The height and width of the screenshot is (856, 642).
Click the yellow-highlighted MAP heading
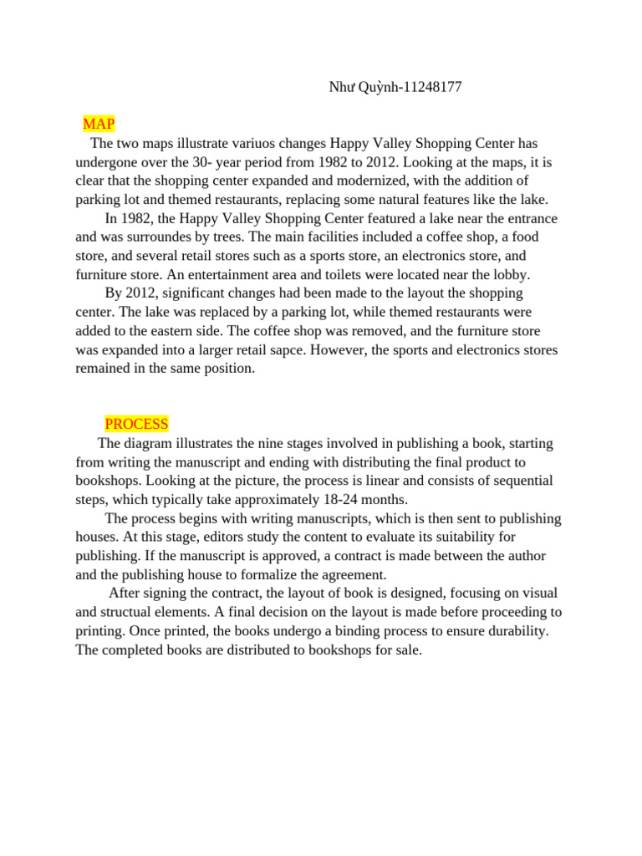pyautogui.click(x=99, y=125)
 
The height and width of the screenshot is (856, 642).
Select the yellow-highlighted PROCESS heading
pyautogui.click(x=136, y=424)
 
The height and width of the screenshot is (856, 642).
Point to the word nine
pyautogui.click(x=273, y=443)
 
